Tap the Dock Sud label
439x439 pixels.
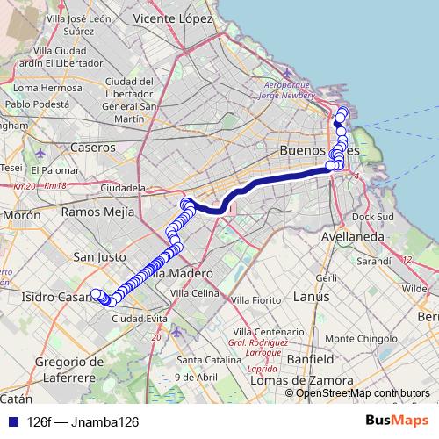pos(375,217)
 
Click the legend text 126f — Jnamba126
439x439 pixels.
pos(83,421)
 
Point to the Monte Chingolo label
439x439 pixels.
pos(390,337)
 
